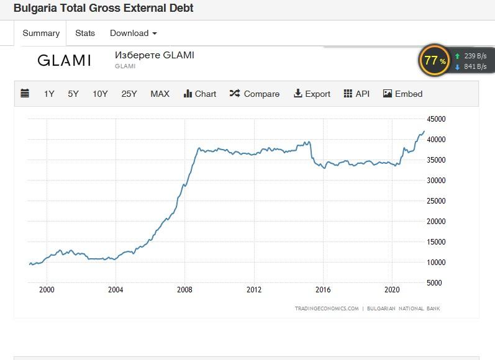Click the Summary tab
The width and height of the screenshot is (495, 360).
pos(41,33)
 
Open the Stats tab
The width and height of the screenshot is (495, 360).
pos(85,33)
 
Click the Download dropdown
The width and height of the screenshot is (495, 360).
pos(133,33)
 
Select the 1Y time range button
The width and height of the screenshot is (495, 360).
pos(49,94)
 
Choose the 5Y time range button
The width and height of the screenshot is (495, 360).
pos(73,94)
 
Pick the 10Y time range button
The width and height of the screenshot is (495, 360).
pos(100,94)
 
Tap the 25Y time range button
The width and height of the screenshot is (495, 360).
pos(129,94)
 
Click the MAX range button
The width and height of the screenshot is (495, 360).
pos(160,94)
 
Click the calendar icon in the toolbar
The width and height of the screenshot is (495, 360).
pos(25,94)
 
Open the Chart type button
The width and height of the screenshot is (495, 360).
pos(200,94)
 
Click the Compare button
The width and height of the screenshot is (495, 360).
pos(255,94)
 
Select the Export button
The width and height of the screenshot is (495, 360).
pos(312,94)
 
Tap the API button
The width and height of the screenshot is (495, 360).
pos(356,94)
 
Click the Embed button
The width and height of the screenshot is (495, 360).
pos(402,94)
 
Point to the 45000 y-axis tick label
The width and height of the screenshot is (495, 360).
pos(437,119)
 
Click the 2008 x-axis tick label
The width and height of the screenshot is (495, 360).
pos(184,289)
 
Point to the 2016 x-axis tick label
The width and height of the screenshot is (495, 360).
pos(323,289)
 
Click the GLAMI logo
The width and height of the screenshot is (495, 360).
pos(64,60)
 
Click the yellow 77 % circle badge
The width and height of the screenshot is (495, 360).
pos(435,60)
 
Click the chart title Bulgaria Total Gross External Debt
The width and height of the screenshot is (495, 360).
pos(103,8)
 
